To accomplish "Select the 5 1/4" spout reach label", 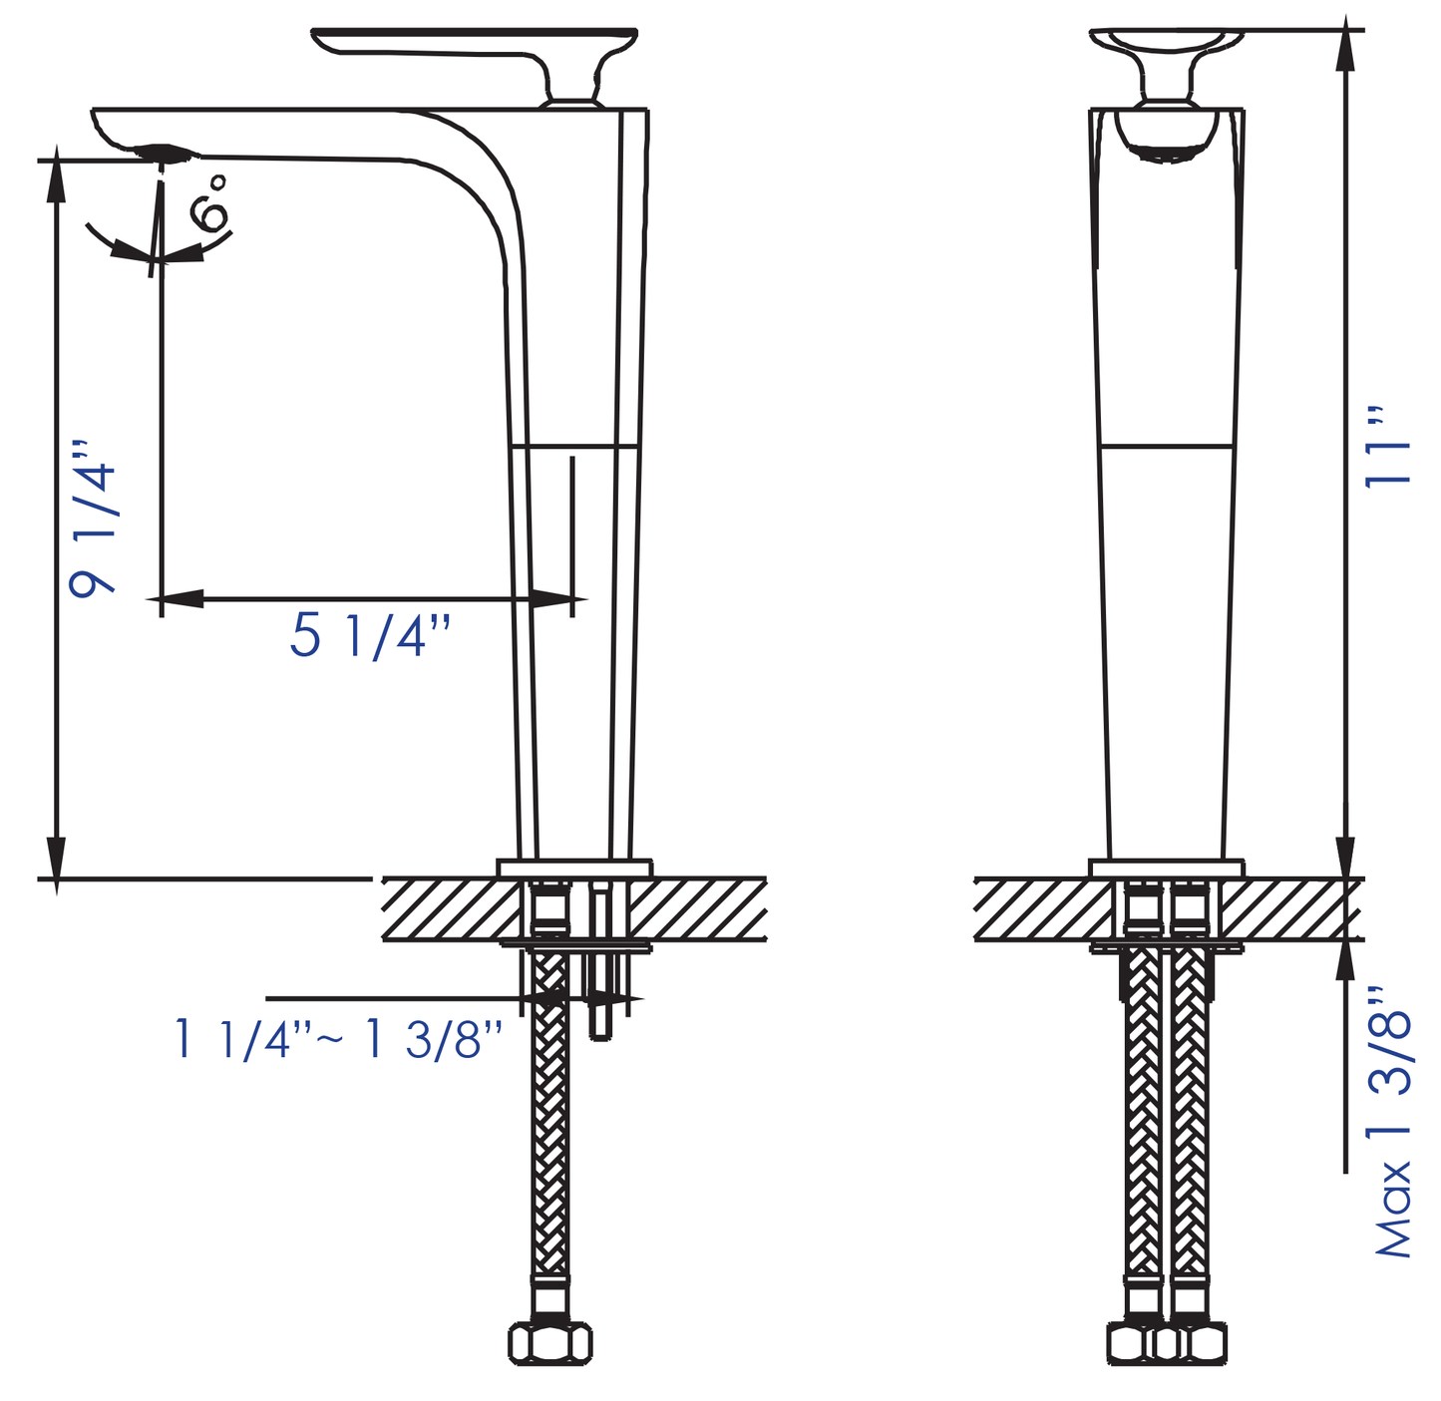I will pos(370,636).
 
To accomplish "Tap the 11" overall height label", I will pos(1388,446).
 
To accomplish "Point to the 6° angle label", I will pos(209,203).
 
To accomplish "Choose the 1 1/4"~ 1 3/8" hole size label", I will pos(337,1040).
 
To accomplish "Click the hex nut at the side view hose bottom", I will pos(549,1342).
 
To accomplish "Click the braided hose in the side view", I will pos(548,1147).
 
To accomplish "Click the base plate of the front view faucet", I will pos(1167,868).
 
